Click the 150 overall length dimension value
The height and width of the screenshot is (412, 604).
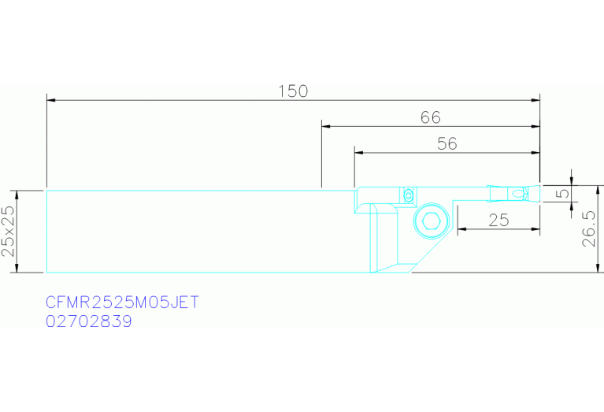[293, 91]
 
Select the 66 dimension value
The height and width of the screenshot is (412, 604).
[430, 117]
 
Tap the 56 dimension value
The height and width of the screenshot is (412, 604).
[447, 143]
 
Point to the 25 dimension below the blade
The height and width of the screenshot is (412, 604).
[498, 221]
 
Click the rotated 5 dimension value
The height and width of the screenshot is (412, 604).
[563, 192]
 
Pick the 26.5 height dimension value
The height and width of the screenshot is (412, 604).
[589, 228]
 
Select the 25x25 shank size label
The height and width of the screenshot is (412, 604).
[8, 232]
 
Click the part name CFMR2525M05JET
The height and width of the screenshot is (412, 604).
[122, 303]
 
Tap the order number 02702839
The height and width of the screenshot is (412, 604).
[89, 321]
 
